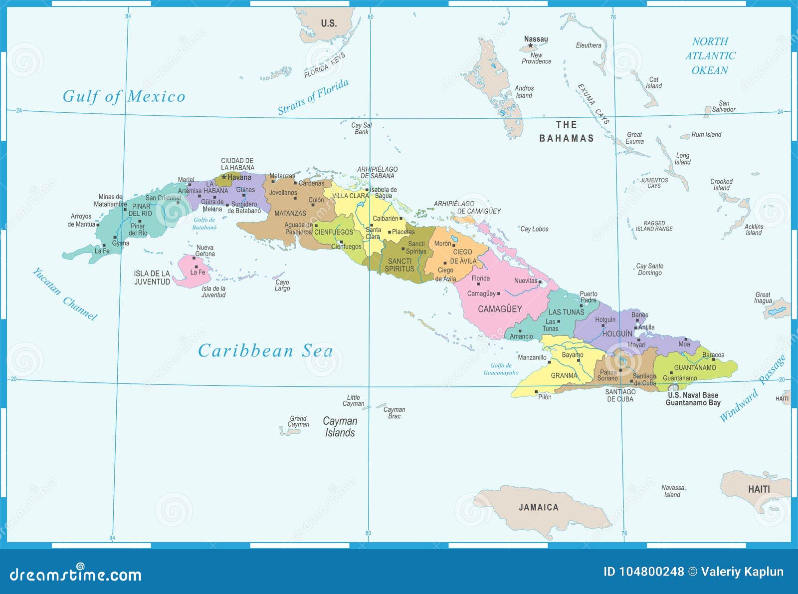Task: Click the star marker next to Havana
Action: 224,177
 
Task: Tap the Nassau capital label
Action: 536,39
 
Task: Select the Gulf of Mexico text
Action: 124,96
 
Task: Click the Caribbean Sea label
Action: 265,351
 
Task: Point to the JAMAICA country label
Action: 538,507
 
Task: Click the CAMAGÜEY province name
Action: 500,309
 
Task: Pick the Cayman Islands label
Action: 340,427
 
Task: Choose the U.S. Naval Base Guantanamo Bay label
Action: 693,399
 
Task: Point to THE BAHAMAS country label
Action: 567,131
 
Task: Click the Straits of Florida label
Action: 313,97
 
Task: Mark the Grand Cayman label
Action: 298,421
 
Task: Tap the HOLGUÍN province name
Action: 617,333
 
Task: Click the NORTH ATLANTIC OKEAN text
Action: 710,56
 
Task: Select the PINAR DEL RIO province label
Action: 141,210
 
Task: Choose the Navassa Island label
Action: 672,491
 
